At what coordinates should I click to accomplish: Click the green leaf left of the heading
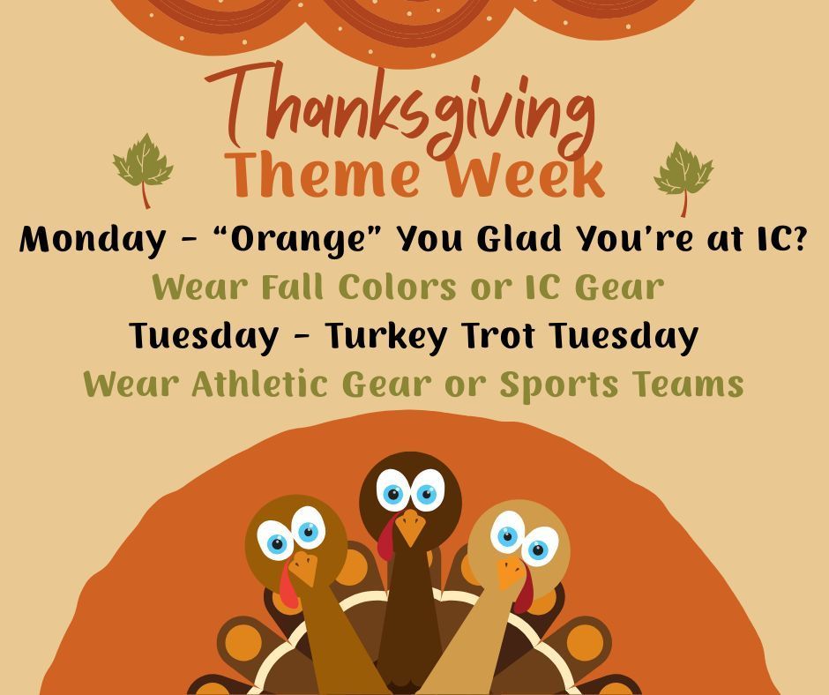[143, 165]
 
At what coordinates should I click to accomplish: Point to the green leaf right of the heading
[683, 171]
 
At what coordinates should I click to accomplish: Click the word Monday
[91, 239]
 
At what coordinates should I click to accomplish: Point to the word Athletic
[264, 385]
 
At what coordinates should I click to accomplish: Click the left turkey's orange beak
[303, 569]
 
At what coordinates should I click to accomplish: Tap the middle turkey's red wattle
[386, 539]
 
